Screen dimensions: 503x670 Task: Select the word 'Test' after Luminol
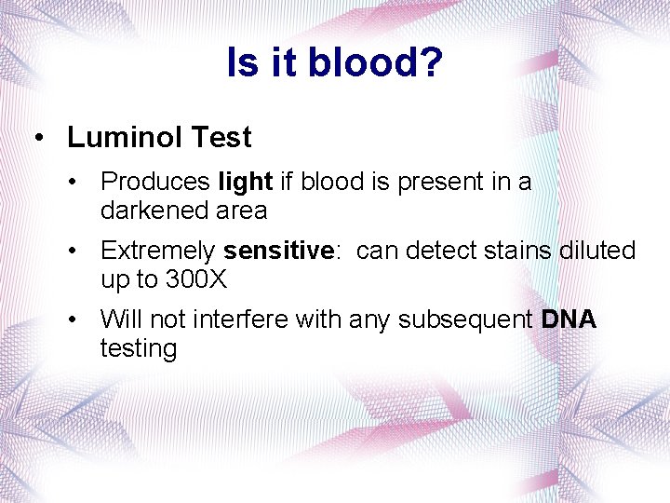pos(221,138)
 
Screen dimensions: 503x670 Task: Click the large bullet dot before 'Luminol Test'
pos(38,139)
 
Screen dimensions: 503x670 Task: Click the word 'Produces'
pos(155,181)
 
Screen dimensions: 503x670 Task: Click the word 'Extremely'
pos(159,251)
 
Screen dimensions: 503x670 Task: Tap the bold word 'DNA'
pos(569,319)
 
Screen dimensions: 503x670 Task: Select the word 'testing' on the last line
pos(139,349)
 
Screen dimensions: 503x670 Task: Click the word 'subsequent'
pos(468,319)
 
